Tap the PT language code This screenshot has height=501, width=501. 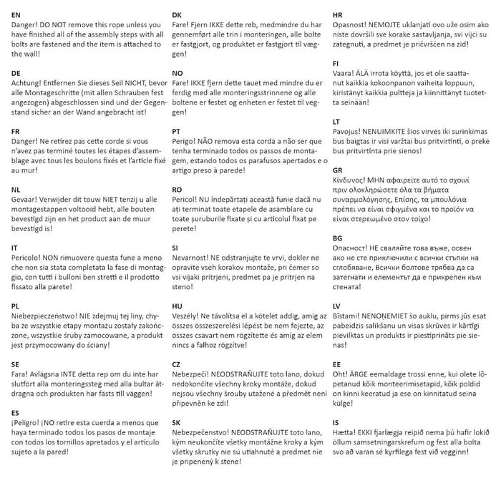click(177, 132)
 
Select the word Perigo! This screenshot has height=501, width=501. click(188, 142)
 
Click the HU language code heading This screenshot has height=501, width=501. click(177, 306)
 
